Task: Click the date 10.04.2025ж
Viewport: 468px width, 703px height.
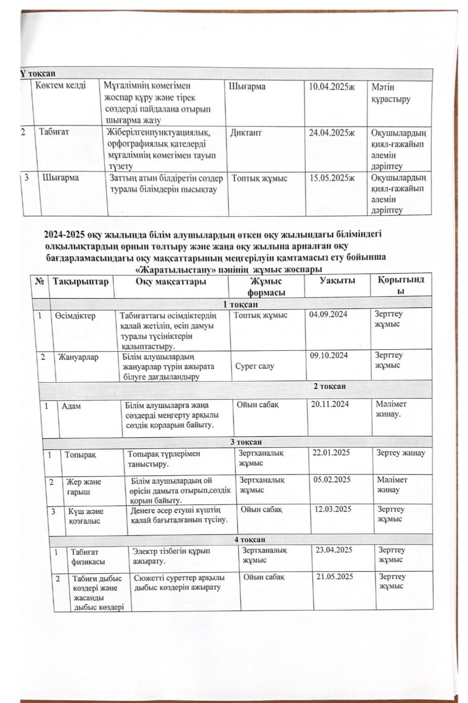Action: [332, 87]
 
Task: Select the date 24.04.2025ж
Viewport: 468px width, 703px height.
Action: [333, 133]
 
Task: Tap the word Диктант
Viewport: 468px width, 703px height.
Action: [246, 133]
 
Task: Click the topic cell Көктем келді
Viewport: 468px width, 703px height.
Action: [61, 85]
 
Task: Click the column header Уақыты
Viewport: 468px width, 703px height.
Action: [337, 281]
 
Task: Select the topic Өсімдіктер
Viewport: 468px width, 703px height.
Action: [75, 315]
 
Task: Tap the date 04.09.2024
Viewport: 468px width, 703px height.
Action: [329, 314]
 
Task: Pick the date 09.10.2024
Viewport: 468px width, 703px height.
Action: [329, 355]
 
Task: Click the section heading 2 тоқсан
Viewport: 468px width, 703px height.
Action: [330, 387]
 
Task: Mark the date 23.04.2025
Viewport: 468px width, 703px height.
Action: [334, 550]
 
